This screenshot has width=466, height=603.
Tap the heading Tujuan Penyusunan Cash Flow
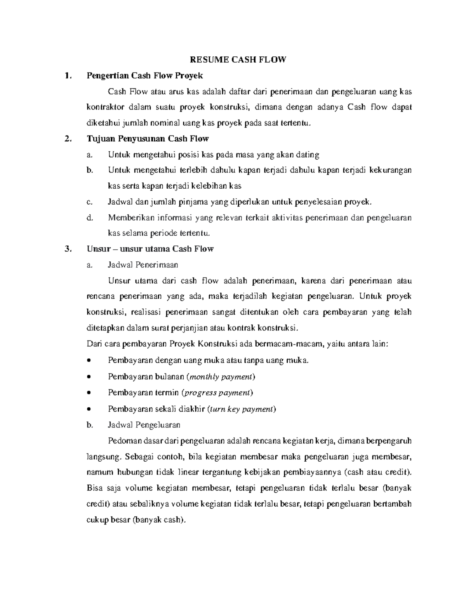[x=148, y=139]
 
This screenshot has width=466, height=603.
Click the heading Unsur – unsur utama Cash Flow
[x=150, y=249]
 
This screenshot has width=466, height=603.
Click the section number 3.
[x=69, y=249]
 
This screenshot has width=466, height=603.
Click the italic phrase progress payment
[x=217, y=393]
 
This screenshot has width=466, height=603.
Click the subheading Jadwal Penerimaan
[x=143, y=265]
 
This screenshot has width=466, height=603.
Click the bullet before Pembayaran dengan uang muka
[x=89, y=361]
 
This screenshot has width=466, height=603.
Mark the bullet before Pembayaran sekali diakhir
[x=89, y=409]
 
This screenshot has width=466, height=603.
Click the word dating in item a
[x=308, y=155]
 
